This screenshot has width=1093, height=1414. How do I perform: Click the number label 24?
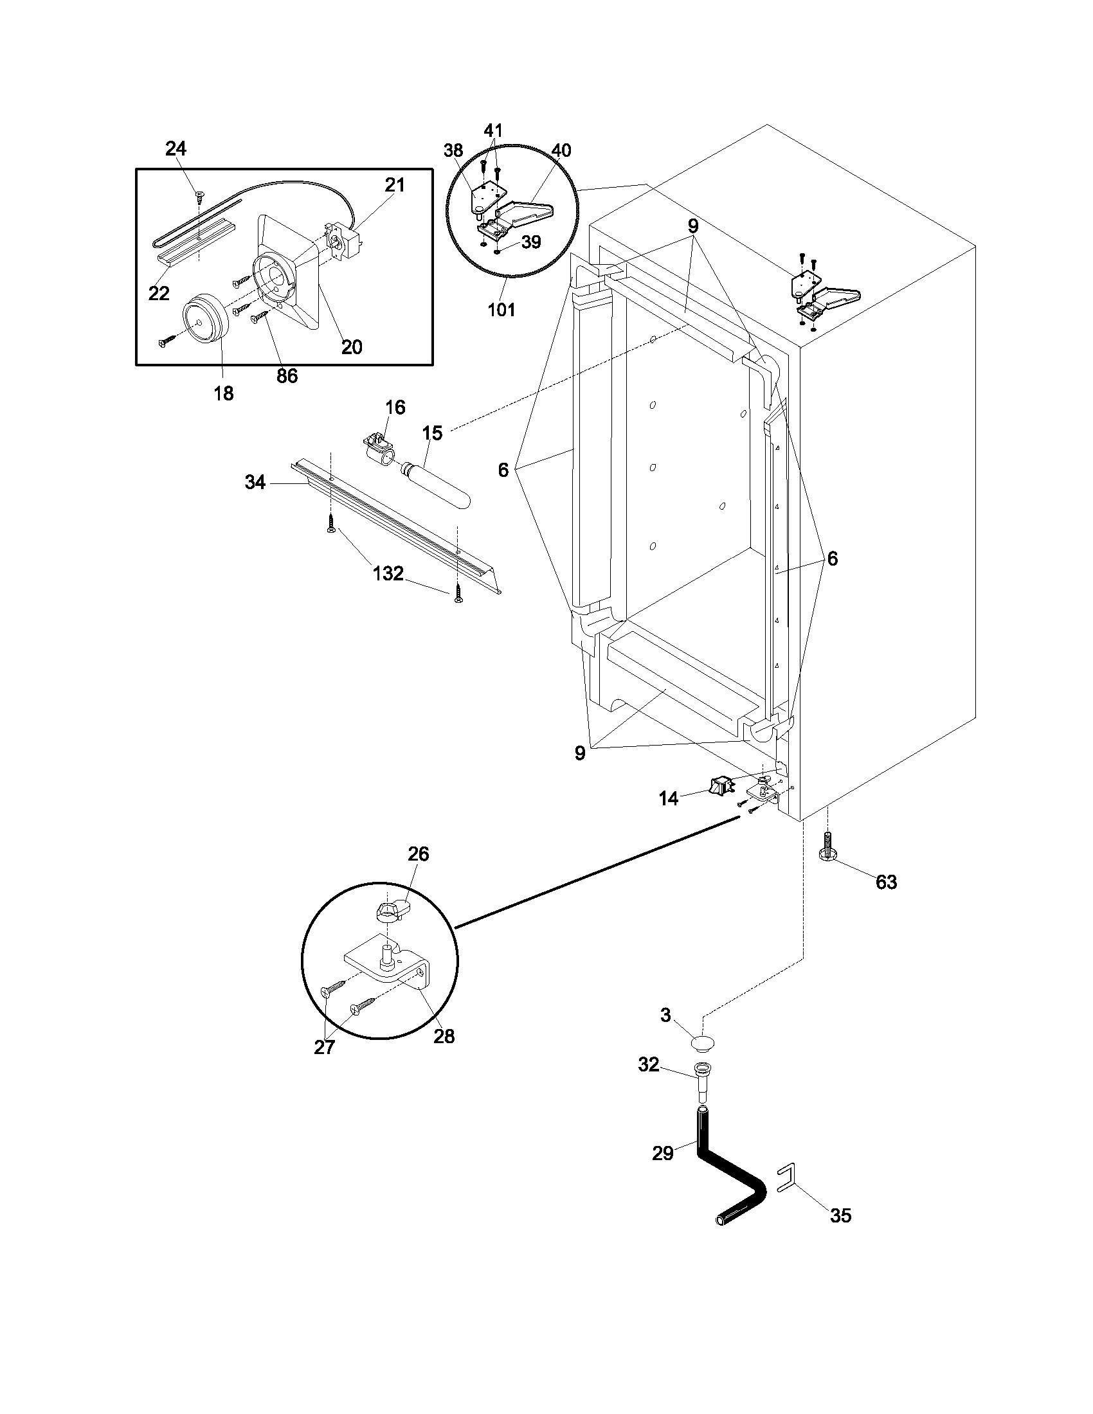pyautogui.click(x=176, y=149)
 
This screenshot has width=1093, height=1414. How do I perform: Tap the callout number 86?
pyautogui.click(x=287, y=376)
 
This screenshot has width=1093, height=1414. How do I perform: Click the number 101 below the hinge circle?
pyautogui.click(x=501, y=310)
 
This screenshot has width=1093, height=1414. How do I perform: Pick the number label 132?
pyautogui.click(x=388, y=573)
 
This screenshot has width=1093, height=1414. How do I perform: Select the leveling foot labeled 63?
pyautogui.click(x=828, y=852)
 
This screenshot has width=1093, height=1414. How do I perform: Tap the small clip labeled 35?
pyautogui.click(x=784, y=1178)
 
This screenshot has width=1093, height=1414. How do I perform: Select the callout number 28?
pyautogui.click(x=444, y=1037)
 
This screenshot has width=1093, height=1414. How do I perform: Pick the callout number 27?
pyautogui.click(x=325, y=1047)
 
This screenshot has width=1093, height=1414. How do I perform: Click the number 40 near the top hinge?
pyautogui.click(x=561, y=151)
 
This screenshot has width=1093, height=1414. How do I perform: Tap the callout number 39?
pyautogui.click(x=530, y=242)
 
